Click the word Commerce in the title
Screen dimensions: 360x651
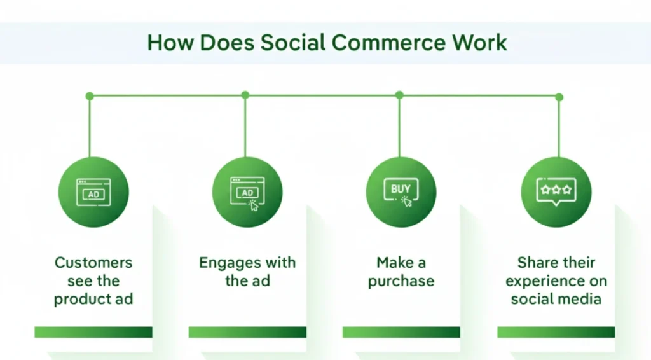click(388, 42)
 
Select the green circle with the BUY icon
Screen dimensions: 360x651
click(401, 191)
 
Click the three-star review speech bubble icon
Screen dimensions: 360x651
click(556, 191)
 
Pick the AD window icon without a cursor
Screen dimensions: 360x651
click(93, 192)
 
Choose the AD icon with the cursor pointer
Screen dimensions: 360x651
click(247, 192)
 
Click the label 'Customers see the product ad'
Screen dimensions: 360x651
click(93, 280)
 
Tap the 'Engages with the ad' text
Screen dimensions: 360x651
click(247, 272)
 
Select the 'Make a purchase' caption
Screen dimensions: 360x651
click(401, 272)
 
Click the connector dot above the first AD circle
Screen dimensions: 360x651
click(90, 96)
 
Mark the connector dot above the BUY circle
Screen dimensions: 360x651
click(399, 95)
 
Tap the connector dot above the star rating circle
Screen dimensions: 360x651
click(559, 97)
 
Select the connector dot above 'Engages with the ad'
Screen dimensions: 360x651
click(245, 95)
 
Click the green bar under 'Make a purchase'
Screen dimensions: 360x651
click(401, 332)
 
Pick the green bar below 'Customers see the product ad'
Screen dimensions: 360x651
click(93, 332)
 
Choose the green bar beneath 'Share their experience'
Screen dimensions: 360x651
click(556, 332)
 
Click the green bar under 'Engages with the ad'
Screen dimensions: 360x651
click(247, 332)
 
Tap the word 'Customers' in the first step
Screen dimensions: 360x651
click(93, 263)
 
